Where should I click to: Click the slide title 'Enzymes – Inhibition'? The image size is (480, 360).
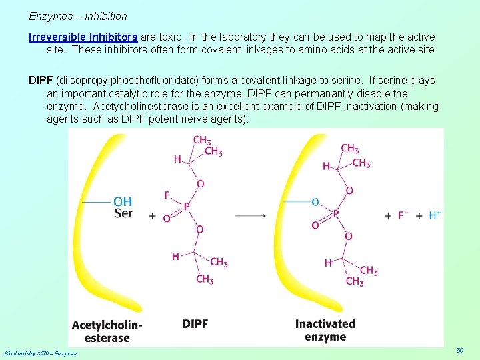[x=78, y=15]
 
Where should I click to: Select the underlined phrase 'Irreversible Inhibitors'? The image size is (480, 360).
[x=83, y=37]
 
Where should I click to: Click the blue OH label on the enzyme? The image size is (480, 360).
[x=123, y=201]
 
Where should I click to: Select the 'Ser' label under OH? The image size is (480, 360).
[x=123, y=213]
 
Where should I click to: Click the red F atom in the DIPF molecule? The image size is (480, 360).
[x=167, y=195]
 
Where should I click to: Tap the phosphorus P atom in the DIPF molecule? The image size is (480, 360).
[x=187, y=207]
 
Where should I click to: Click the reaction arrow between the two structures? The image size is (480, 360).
[x=251, y=215]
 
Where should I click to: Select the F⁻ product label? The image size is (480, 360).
[x=403, y=215]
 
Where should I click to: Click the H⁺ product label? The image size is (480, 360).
[x=435, y=215]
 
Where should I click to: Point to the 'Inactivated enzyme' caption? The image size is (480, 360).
[x=325, y=330]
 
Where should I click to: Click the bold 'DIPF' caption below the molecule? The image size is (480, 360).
[x=195, y=324]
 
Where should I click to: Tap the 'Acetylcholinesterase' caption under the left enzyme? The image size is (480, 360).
[x=107, y=331]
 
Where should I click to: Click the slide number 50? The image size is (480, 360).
[x=459, y=350]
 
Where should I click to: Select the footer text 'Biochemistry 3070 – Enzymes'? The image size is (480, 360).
[x=40, y=353]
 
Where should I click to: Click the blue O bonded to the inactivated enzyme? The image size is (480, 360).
[x=315, y=201]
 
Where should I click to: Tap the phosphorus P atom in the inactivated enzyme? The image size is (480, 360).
[x=336, y=213]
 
